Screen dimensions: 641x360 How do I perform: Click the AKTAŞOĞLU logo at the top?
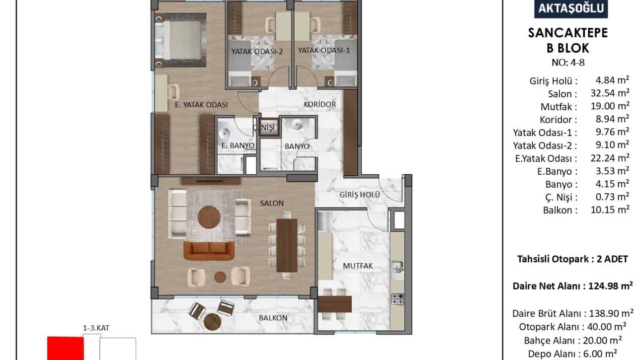click(x=571, y=8)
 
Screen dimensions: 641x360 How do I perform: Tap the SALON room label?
click(x=272, y=203)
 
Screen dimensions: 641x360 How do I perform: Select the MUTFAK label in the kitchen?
click(x=358, y=266)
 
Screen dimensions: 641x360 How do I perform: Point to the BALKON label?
click(x=273, y=318)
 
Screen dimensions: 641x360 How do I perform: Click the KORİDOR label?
click(x=320, y=104)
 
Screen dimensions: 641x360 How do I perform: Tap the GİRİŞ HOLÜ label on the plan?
click(x=360, y=195)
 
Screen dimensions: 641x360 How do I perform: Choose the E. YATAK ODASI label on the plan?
click(x=201, y=105)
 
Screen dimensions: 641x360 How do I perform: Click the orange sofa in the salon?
click(x=209, y=251)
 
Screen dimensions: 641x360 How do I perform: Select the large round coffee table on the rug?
click(x=209, y=217)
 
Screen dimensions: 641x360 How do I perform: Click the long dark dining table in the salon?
click(x=287, y=245)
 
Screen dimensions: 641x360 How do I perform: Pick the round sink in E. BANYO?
click(x=224, y=134)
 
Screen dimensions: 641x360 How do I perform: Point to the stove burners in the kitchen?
click(x=398, y=299)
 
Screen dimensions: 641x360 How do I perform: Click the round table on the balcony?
click(x=213, y=322)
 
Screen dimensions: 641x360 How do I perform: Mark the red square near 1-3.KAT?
click(x=66, y=348)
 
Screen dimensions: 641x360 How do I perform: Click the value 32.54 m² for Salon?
click(x=610, y=93)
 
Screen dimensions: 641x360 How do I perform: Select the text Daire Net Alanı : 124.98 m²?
click(x=572, y=286)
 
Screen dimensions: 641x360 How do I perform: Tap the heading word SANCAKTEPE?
click(x=568, y=33)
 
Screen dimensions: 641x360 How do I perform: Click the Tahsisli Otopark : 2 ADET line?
click(x=572, y=259)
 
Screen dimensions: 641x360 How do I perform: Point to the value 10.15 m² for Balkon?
click(x=610, y=210)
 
